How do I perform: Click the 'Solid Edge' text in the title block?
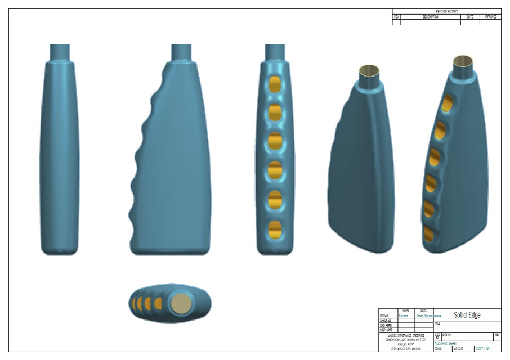point(467,315)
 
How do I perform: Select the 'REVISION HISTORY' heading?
point(446,11)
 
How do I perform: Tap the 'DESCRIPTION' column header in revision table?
point(430,17)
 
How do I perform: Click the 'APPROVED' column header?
point(490,17)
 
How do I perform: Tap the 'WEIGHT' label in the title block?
point(458,349)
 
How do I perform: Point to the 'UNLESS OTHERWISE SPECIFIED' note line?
point(405,336)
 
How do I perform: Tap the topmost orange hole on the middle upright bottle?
point(275,84)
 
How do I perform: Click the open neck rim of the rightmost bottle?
point(463,60)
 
